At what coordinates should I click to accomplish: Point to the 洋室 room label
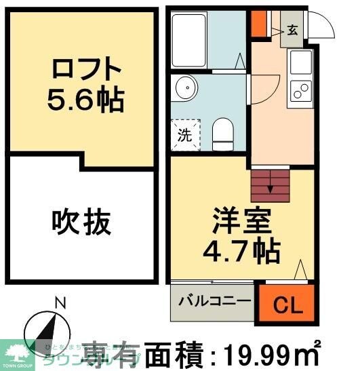241,222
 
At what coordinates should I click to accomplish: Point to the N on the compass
60,304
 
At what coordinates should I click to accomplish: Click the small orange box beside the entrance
258,22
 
